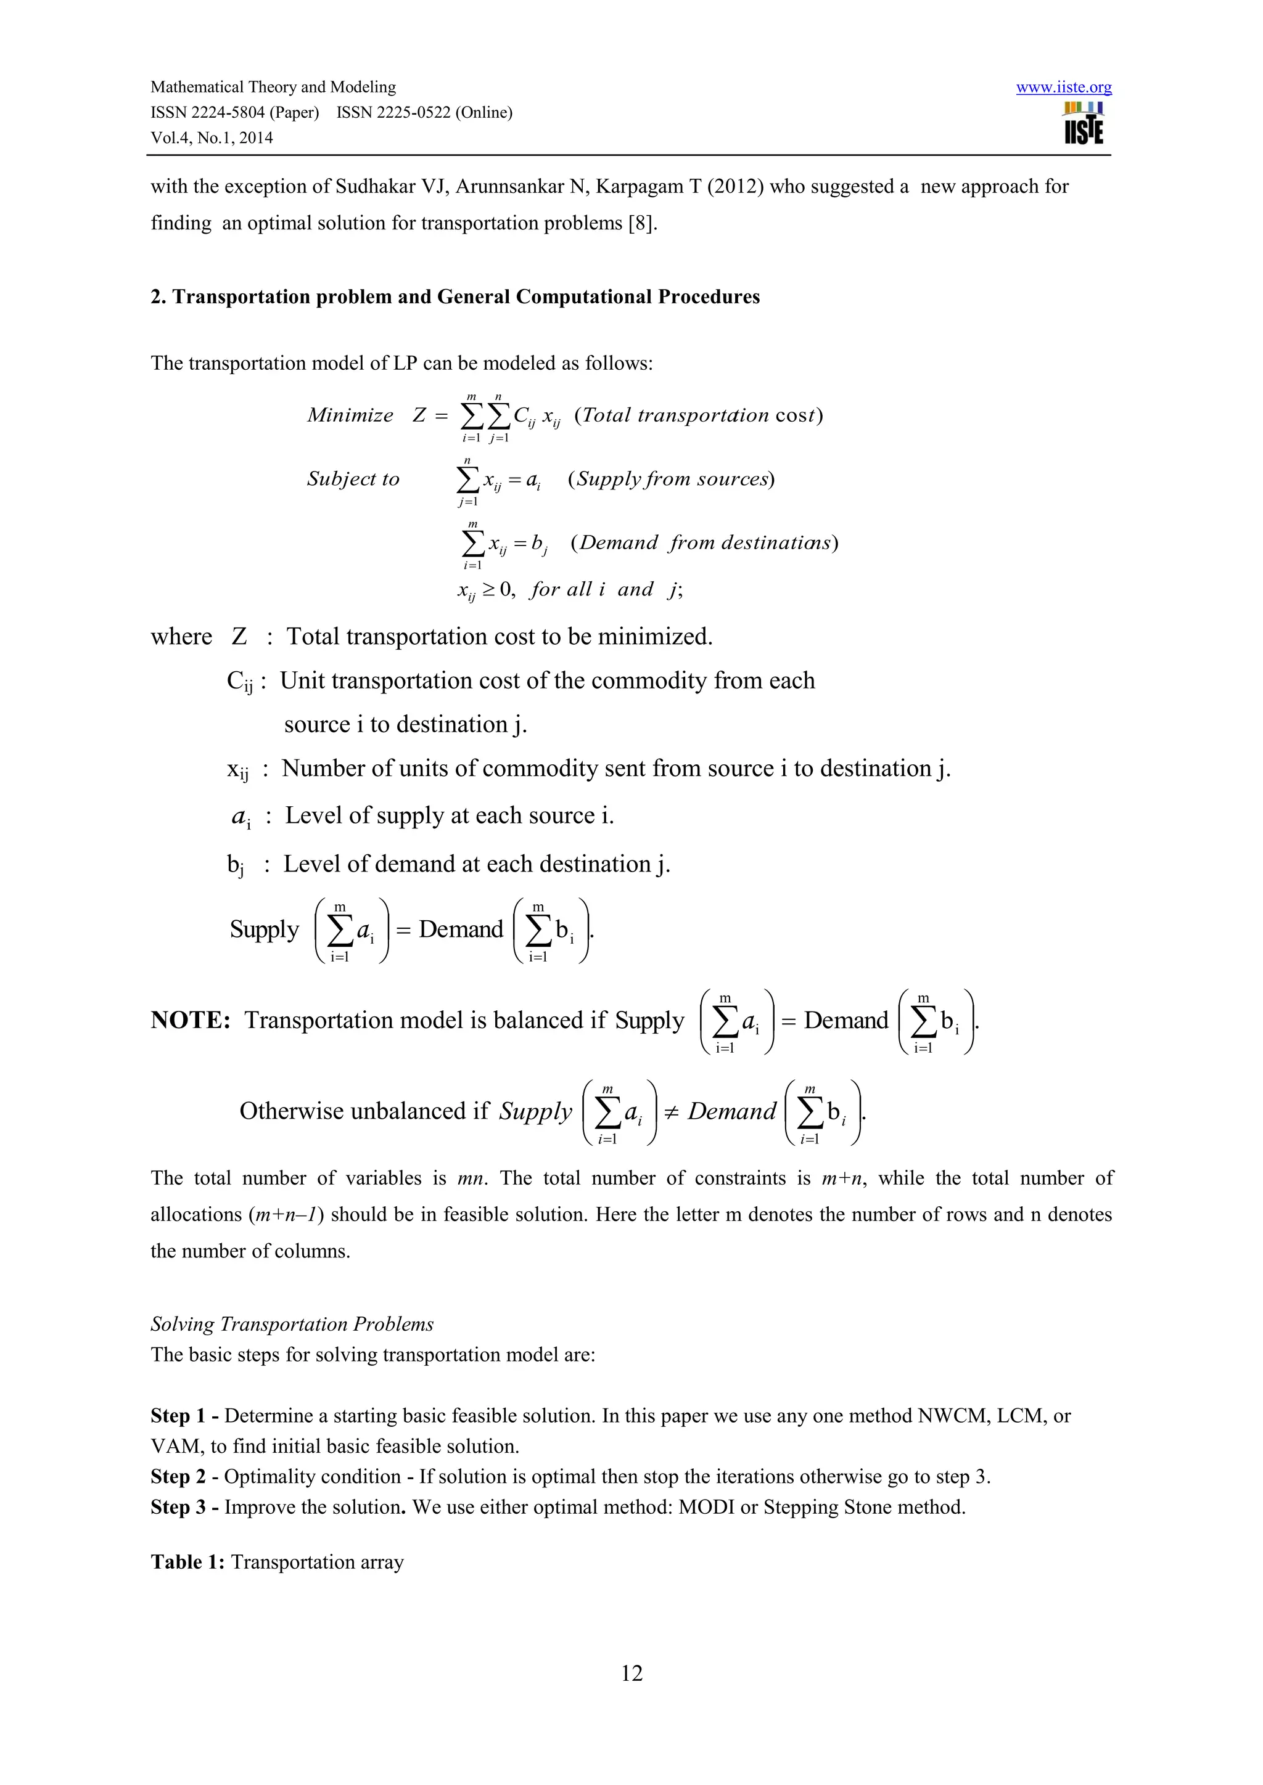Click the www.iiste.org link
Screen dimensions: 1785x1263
click(x=1063, y=87)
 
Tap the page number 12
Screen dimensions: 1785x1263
click(x=631, y=1672)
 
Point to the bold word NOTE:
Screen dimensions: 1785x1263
click(x=191, y=1020)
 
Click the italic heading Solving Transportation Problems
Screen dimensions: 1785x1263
click(x=292, y=1324)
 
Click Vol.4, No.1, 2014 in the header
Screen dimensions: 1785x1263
click(x=212, y=137)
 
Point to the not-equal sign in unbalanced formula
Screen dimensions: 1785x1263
click(x=671, y=1112)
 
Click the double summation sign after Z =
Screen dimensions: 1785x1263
click(x=485, y=416)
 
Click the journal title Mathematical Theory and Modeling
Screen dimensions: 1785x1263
click(x=273, y=87)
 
